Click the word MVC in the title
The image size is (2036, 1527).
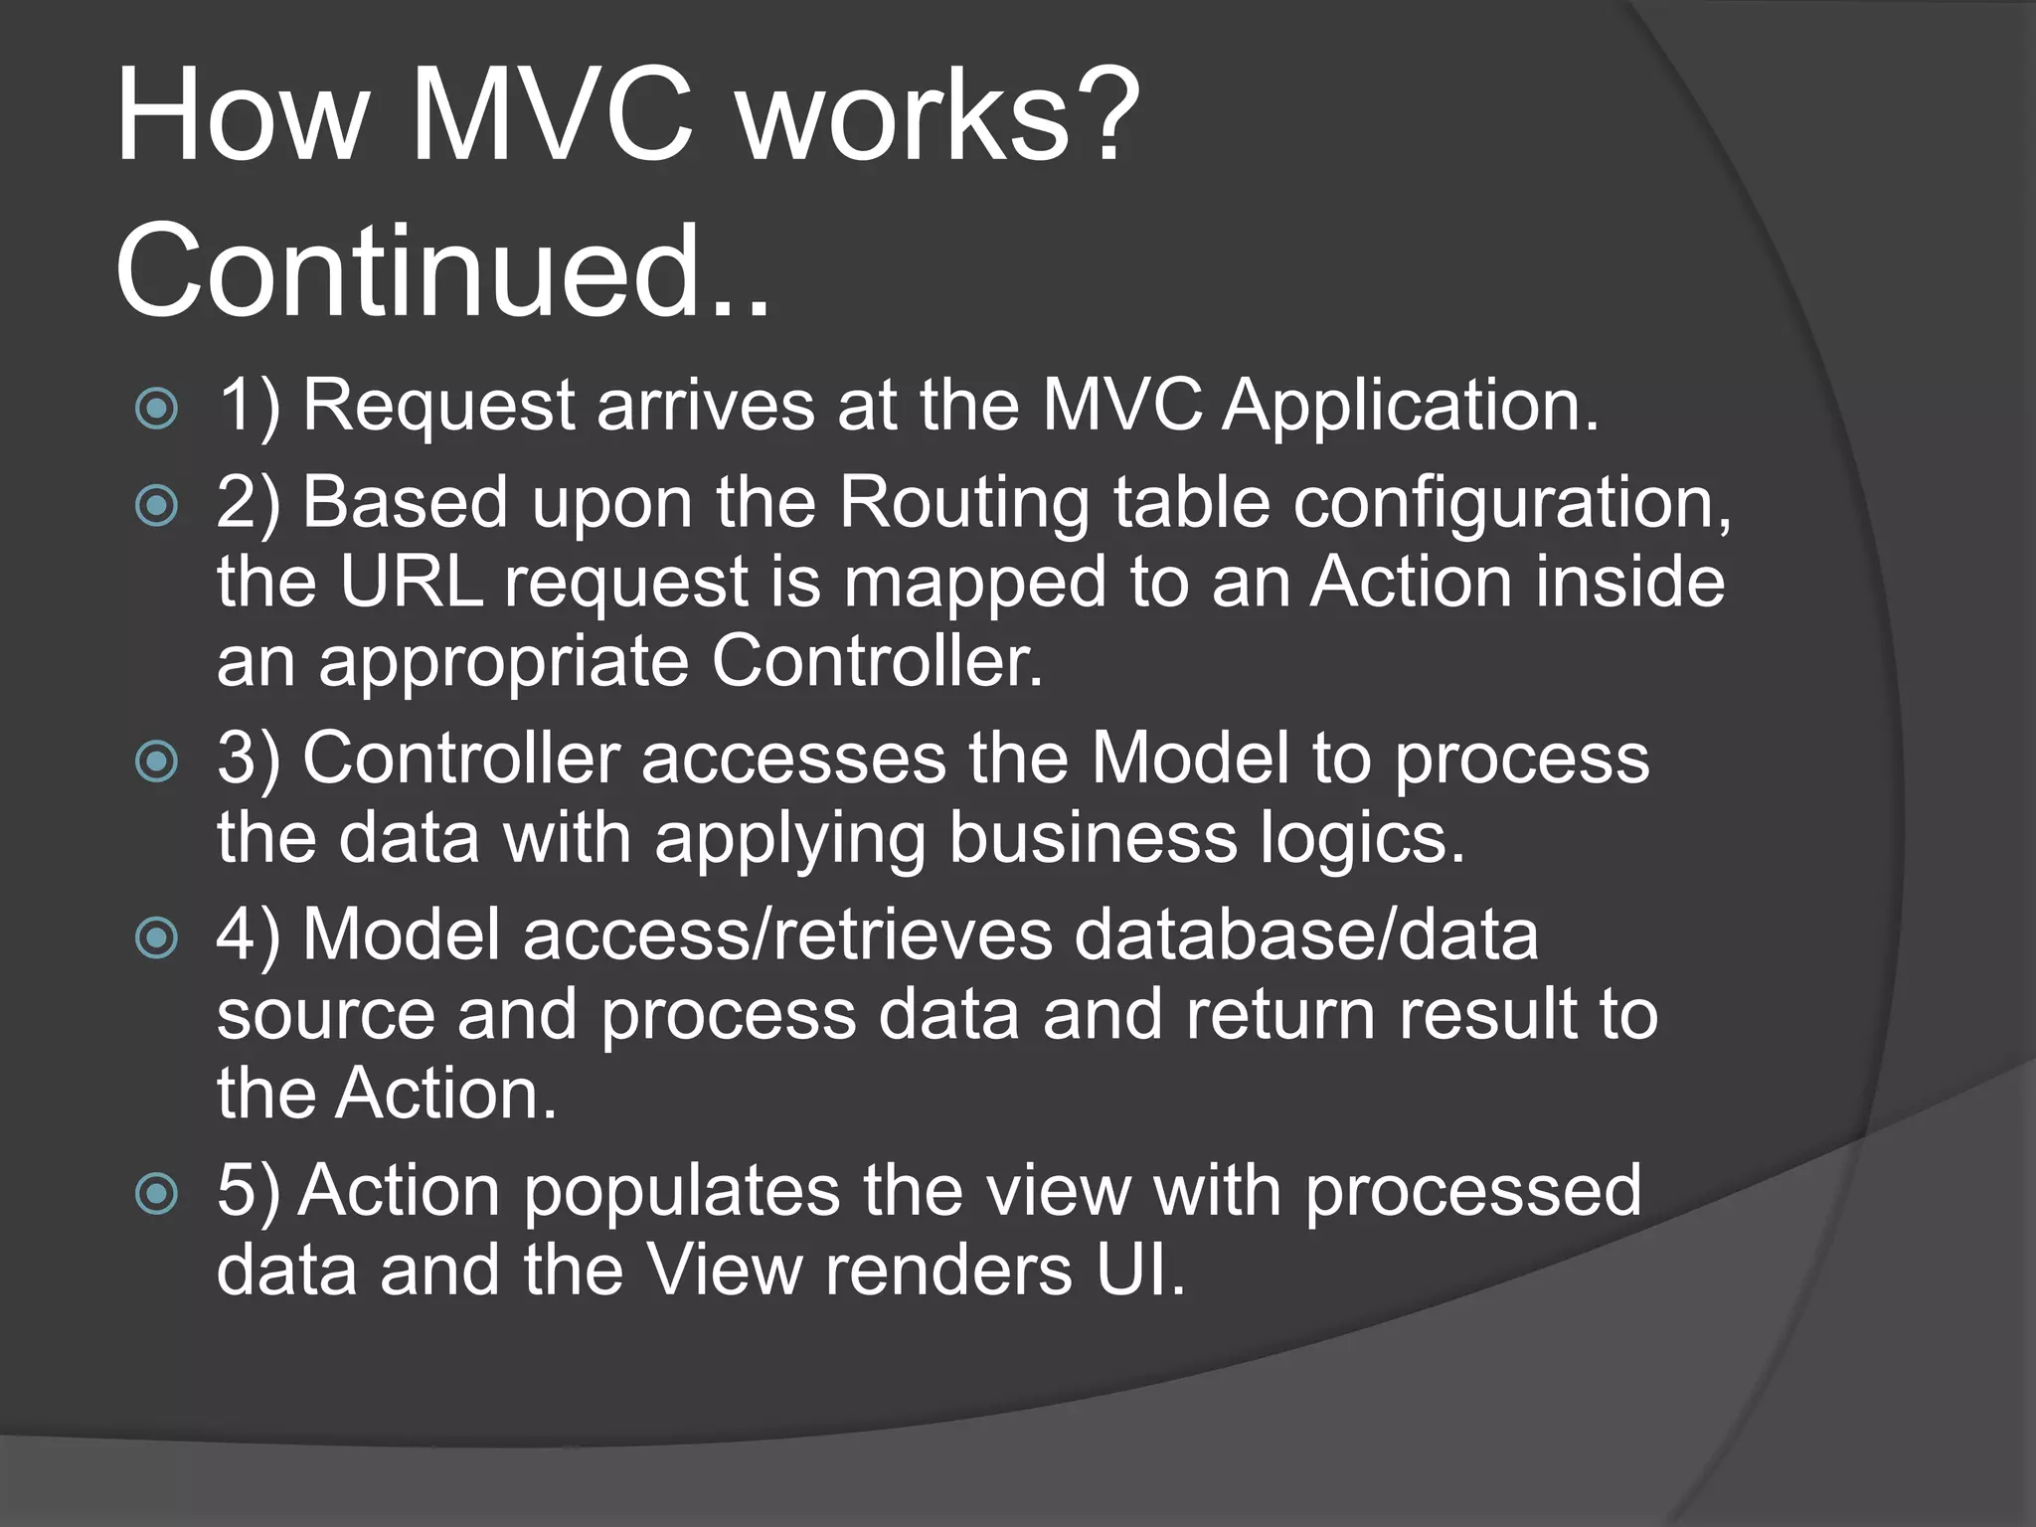point(552,117)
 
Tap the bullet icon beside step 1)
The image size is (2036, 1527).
point(157,408)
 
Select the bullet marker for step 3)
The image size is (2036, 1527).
point(157,762)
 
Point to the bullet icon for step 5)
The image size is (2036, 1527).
point(157,1193)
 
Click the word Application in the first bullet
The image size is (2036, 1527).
point(1410,408)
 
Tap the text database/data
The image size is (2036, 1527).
point(1306,935)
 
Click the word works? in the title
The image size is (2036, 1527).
point(938,117)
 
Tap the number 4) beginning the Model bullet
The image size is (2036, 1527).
point(249,935)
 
